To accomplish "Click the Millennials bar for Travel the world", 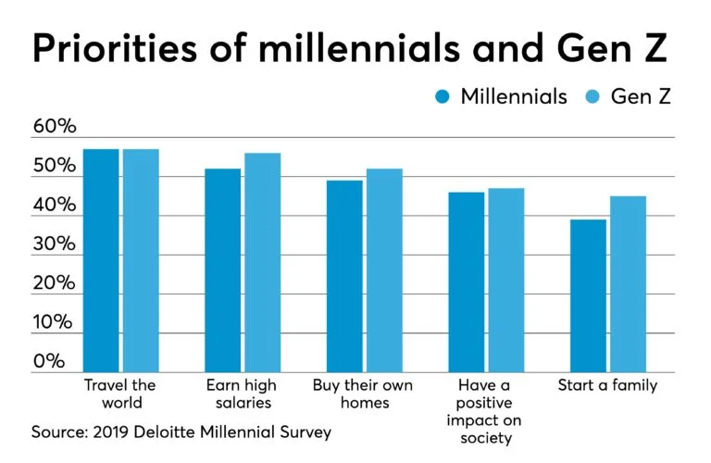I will [x=101, y=260].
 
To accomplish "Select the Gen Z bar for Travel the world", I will [x=140, y=260].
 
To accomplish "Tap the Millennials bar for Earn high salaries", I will [x=222, y=269].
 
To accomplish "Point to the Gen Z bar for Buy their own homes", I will [x=384, y=269].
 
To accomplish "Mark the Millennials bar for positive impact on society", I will [x=467, y=282].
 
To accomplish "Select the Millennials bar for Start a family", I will [x=588, y=295].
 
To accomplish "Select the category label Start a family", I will [x=607, y=385].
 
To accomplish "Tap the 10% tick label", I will [x=55, y=322].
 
